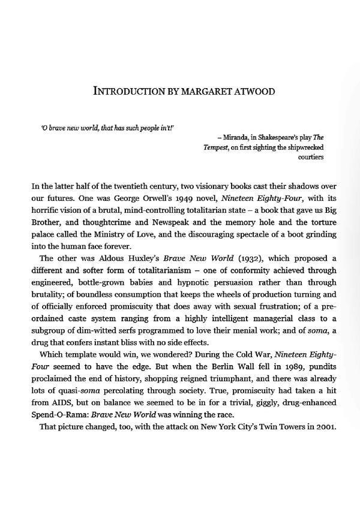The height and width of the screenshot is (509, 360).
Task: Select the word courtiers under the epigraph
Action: click(311, 158)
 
